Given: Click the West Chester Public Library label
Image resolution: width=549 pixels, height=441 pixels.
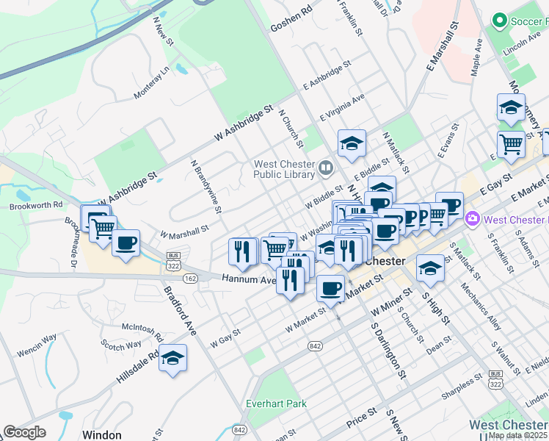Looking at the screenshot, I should (x=284, y=170).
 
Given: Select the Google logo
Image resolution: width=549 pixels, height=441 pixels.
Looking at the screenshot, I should (x=24, y=432).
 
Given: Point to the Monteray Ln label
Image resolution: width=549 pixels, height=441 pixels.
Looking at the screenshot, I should (x=151, y=82).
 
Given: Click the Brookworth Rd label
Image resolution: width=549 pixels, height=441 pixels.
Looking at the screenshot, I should (x=36, y=207).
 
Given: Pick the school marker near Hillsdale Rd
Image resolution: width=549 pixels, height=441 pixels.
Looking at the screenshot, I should (x=173, y=359).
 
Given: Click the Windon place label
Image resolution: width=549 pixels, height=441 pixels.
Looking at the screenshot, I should (x=101, y=434).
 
